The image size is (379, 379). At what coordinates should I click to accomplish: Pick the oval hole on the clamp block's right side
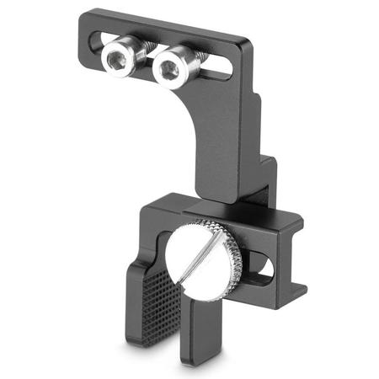point(262,269)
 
